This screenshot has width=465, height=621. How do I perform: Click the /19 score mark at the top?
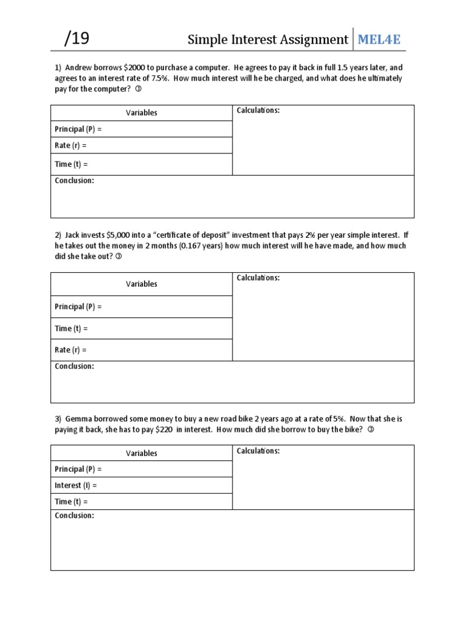tap(77, 39)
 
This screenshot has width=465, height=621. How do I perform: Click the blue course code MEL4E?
tap(379, 40)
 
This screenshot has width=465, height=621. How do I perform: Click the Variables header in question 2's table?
tap(142, 284)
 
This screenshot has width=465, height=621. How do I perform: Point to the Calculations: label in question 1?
tap(258, 110)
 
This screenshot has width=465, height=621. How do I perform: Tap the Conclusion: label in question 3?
tap(74, 515)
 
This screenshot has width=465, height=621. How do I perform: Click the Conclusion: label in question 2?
tap(74, 366)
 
